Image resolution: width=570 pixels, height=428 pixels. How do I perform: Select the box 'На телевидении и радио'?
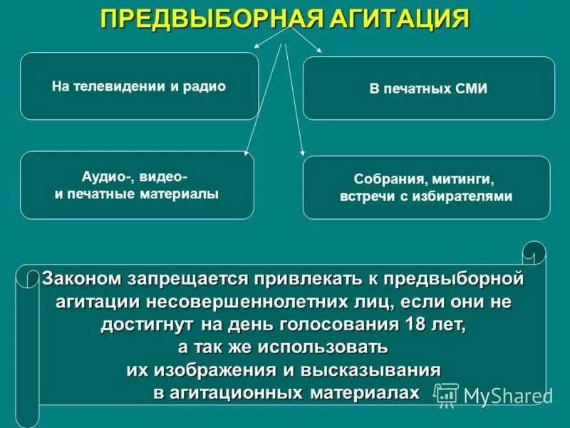[x=139, y=86]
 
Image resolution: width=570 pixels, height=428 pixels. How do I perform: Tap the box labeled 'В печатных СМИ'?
[x=428, y=88]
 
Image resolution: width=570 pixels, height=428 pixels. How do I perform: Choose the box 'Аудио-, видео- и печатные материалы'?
[x=137, y=185]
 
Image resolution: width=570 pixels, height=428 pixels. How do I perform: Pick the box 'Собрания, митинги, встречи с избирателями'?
[x=426, y=188]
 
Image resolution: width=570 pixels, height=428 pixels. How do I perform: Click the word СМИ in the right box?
[x=471, y=89]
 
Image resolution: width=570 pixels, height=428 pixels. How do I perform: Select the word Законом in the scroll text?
[x=83, y=278]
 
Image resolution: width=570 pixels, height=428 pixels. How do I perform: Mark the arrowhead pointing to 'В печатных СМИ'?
[x=319, y=49]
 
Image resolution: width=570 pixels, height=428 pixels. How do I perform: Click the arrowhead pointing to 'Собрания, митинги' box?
[x=303, y=152]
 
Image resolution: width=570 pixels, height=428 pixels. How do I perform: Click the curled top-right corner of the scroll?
[x=534, y=253]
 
